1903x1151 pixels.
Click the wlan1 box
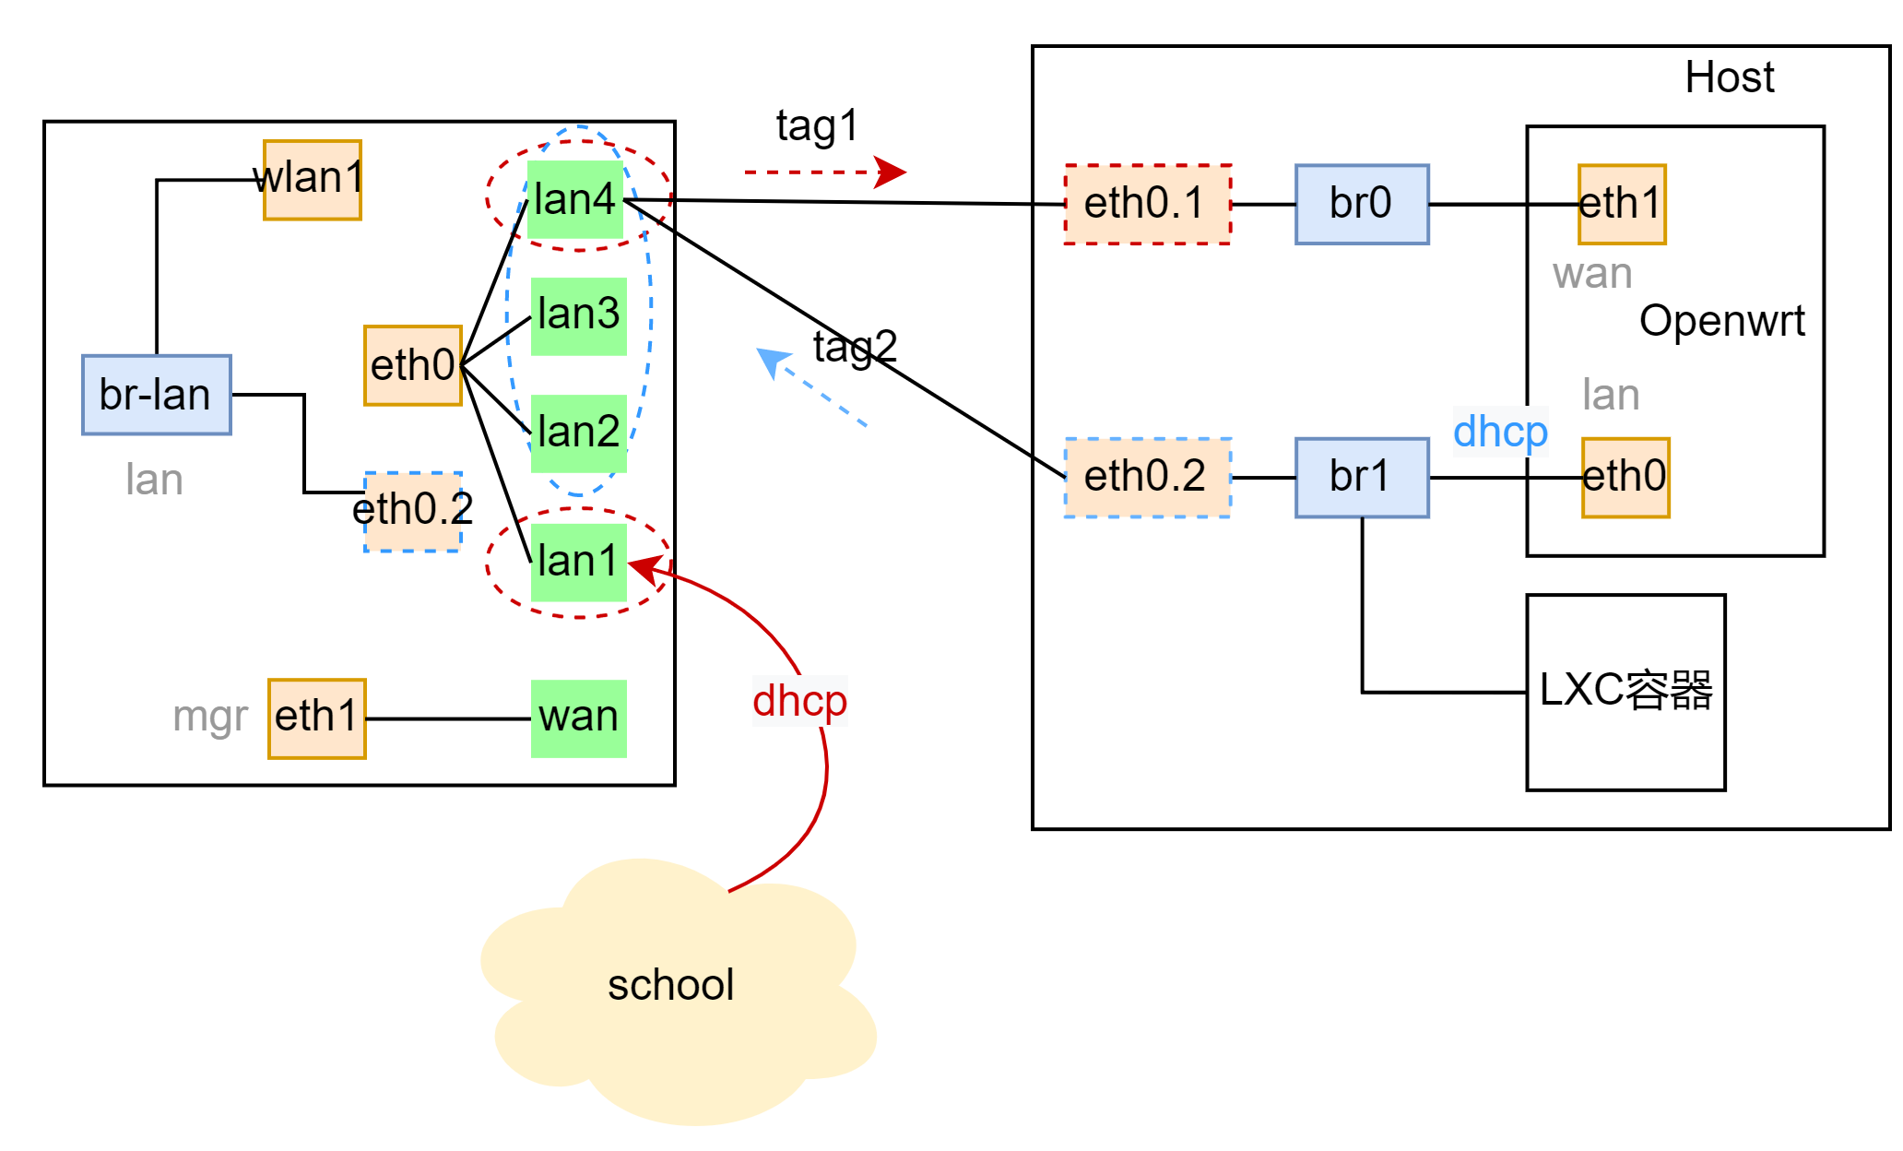click(x=312, y=180)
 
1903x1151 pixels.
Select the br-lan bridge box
click(x=156, y=395)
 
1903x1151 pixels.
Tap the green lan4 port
click(x=575, y=200)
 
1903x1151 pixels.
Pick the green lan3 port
click(x=579, y=315)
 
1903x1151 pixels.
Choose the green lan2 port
click(x=579, y=433)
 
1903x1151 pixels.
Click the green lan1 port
click(x=579, y=562)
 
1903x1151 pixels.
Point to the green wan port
click(x=579, y=718)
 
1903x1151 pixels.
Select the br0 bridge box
click(x=1362, y=204)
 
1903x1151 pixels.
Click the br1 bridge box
click(x=1362, y=478)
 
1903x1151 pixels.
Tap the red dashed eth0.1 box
click(x=1147, y=204)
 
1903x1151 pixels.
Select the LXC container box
click(x=1625, y=692)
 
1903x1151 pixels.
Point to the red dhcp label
click(x=799, y=701)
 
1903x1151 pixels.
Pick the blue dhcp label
click(x=1500, y=432)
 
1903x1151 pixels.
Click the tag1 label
click(x=817, y=126)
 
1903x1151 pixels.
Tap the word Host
click(x=1729, y=77)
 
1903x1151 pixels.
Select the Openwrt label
click(x=1721, y=322)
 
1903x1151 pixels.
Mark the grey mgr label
click(x=210, y=718)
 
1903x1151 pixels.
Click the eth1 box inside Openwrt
click(x=1622, y=204)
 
